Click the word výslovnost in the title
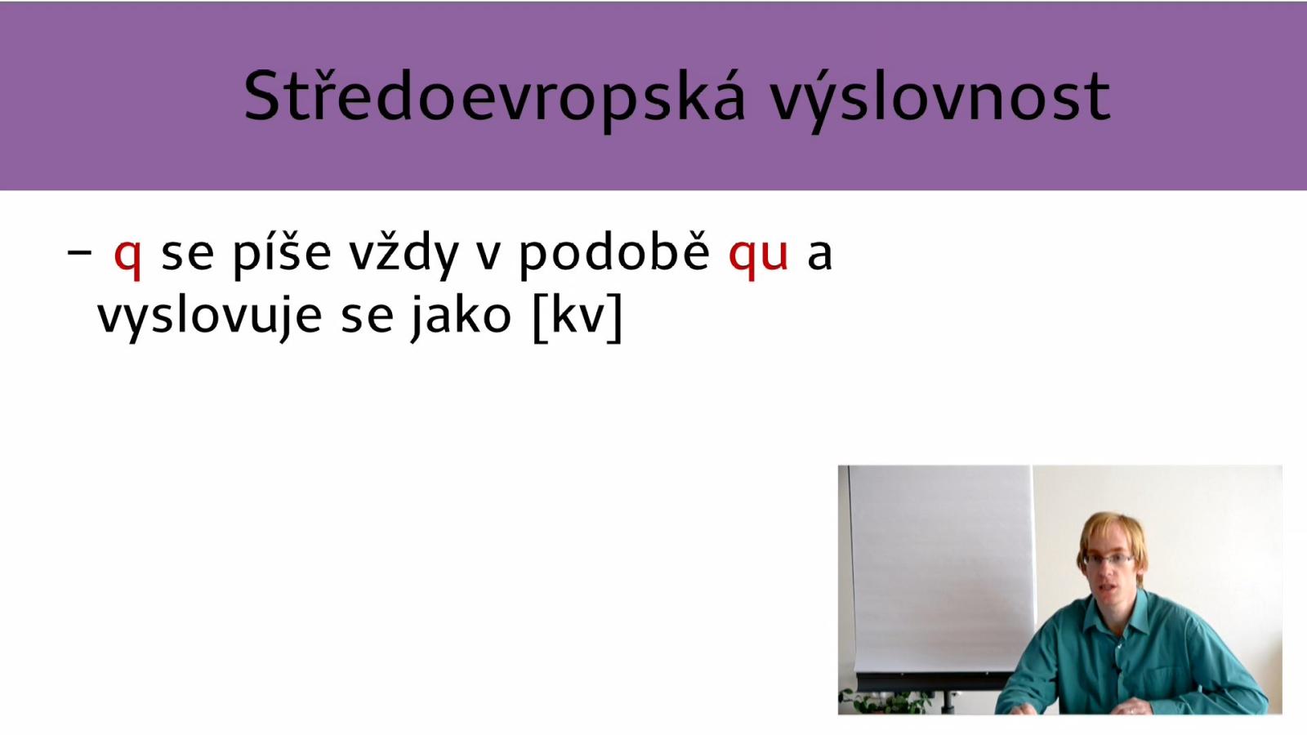tap(940, 97)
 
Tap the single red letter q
tap(127, 257)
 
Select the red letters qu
tap(759, 257)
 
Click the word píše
tap(281, 254)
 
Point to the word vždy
tap(404, 254)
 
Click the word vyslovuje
tap(209, 317)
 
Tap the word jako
tap(461, 317)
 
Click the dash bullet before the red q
tap(79, 252)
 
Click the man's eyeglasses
tap(1108, 559)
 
